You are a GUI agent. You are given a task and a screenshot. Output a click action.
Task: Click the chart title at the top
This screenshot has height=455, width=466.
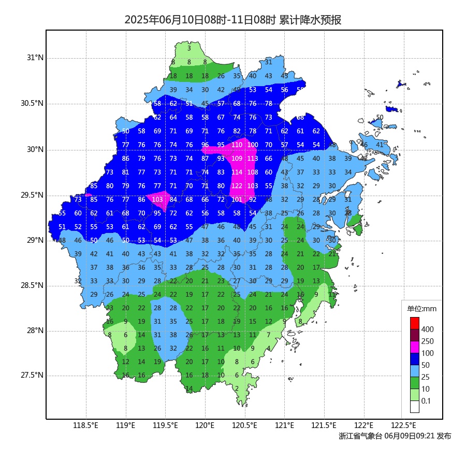pos(232,20)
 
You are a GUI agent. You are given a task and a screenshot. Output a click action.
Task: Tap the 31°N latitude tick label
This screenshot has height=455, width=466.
pos(35,58)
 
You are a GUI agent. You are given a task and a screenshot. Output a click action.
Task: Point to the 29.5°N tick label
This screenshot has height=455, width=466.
pos(32,195)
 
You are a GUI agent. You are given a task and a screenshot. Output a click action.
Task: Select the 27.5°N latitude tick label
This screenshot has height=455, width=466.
pos(32,375)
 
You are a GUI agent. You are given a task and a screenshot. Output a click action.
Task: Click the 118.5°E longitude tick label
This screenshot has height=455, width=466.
pos(86,426)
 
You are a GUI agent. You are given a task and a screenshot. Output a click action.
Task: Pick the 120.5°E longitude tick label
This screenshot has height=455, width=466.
pos(244,426)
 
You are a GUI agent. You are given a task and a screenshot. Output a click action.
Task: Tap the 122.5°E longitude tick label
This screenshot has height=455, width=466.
pos(403,426)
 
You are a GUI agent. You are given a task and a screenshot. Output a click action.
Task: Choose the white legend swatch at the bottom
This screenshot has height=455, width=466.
pos(415,407)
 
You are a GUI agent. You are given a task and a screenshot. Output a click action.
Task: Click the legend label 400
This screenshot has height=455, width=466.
pos(428,329)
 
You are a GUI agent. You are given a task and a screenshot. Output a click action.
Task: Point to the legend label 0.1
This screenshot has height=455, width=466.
pos(426,401)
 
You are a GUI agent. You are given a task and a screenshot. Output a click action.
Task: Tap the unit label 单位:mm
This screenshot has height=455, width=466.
pos(422,309)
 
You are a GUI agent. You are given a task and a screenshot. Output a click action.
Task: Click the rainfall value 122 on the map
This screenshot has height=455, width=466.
pos(237,186)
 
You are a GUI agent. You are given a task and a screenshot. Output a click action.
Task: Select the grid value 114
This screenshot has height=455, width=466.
pos(237,172)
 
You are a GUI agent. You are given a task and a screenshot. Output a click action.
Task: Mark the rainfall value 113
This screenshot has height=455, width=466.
pos(253,159)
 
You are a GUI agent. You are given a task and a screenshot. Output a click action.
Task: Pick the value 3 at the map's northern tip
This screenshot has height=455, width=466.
pos(189,48)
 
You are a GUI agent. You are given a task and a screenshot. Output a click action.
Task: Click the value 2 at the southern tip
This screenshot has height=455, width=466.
pos(237,388)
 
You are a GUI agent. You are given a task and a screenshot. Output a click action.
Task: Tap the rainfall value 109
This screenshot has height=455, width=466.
pos(237,159)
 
